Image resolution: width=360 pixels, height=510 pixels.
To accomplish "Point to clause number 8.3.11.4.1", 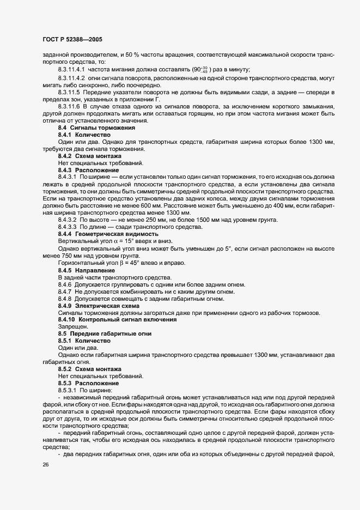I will tap(71, 69).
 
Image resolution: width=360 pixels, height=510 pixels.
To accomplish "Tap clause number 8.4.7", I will tap(65, 292).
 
